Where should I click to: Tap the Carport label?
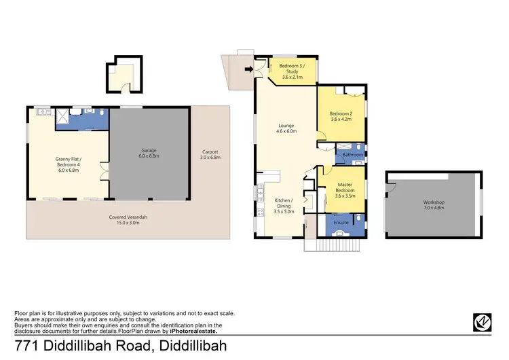click(x=211, y=154)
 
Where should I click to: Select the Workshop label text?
click(x=433, y=205)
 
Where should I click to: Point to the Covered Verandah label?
click(x=128, y=219)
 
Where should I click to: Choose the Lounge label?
click(x=286, y=128)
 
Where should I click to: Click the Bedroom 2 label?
click(x=341, y=116)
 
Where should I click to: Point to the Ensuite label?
click(x=341, y=222)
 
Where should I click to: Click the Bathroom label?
click(x=352, y=155)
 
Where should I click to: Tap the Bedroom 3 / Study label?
click(x=295, y=72)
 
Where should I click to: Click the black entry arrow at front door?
click(x=249, y=69)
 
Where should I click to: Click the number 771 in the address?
click(x=26, y=346)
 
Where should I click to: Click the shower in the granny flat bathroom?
click(x=60, y=117)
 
